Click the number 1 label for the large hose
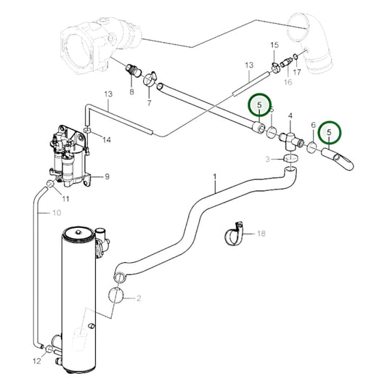click(215, 177)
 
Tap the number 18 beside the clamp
click(262, 233)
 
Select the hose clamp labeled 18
click(235, 235)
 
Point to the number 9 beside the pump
click(107, 176)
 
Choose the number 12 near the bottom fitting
click(37, 361)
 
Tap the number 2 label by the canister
click(138, 298)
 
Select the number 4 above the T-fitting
click(291, 116)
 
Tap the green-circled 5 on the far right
click(331, 132)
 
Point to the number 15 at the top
click(274, 46)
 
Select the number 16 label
click(288, 83)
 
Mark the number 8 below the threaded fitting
click(132, 92)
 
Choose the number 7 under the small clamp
click(150, 104)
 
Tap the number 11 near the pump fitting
click(65, 199)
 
